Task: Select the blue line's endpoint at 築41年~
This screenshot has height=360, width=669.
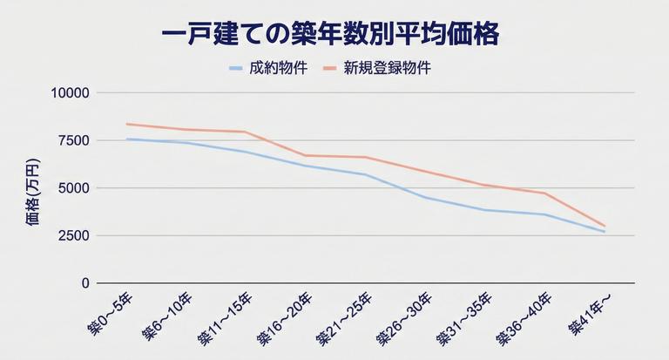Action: [x=605, y=232]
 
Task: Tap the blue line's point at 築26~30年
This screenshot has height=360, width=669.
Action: [x=425, y=198]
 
